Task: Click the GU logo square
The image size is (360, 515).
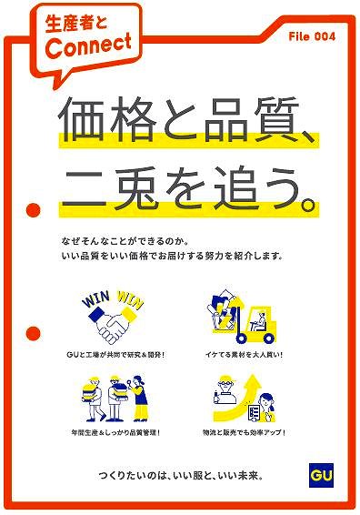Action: click(x=321, y=475)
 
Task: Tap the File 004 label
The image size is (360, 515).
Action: click(x=312, y=36)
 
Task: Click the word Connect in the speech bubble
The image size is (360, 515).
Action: click(x=88, y=46)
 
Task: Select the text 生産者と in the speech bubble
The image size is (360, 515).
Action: click(x=76, y=24)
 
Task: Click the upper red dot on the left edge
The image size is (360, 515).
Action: click(x=33, y=209)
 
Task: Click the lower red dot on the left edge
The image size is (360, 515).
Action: click(x=33, y=333)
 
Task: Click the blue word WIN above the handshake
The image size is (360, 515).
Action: click(x=96, y=298)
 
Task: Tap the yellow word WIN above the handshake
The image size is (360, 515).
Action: click(x=130, y=299)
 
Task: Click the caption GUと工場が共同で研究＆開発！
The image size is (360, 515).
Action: click(x=115, y=355)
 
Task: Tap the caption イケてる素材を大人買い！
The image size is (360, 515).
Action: click(x=245, y=355)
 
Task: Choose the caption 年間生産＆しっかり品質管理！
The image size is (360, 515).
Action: click(x=115, y=432)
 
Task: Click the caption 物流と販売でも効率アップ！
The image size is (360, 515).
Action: click(x=245, y=432)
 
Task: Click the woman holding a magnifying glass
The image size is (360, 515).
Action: click(x=139, y=399)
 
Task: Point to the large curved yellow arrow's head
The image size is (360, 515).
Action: click(x=252, y=383)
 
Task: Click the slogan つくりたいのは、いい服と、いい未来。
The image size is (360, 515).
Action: click(x=181, y=476)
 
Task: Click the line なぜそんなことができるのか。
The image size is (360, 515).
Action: click(x=125, y=242)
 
